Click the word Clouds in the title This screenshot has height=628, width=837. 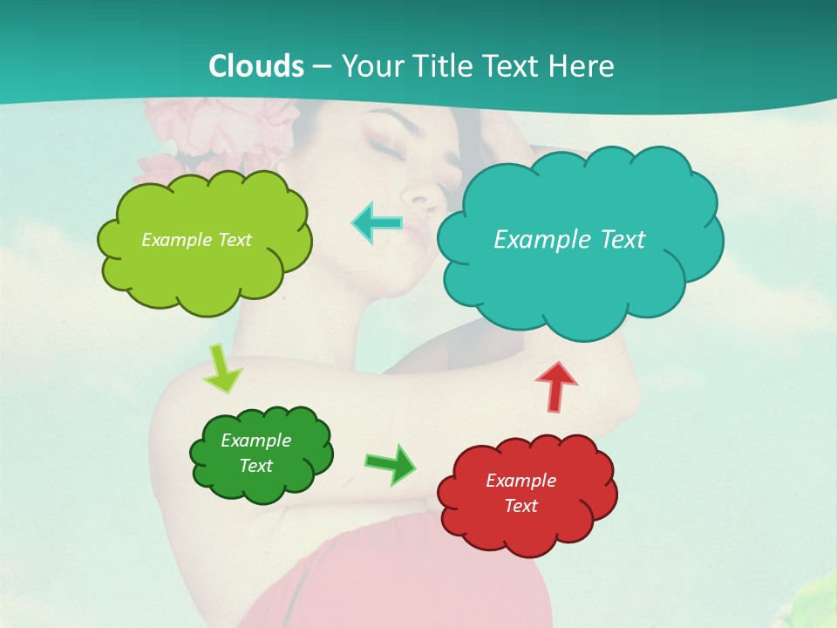click(256, 66)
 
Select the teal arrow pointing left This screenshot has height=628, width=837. click(378, 222)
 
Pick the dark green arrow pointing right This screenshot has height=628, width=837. click(391, 463)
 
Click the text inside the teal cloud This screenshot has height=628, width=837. click(569, 239)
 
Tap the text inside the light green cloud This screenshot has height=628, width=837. click(196, 240)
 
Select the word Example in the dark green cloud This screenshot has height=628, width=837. click(255, 440)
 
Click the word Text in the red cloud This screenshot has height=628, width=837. click(521, 506)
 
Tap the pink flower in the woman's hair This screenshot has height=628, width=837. click(187, 131)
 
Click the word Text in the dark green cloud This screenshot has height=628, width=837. click(255, 466)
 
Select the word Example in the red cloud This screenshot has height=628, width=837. click(521, 481)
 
